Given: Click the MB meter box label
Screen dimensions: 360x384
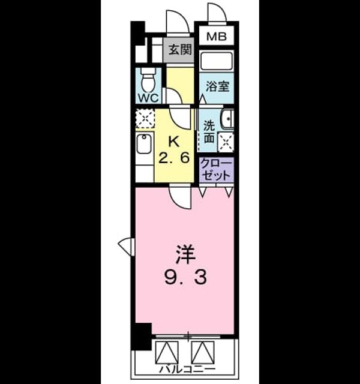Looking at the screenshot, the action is [217, 37].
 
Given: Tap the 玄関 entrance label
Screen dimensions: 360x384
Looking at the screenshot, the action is [180, 50].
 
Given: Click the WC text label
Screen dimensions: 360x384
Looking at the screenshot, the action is [149, 98].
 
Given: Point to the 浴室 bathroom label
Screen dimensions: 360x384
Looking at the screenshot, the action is [217, 86].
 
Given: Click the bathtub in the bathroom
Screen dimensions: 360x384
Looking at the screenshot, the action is [216, 61].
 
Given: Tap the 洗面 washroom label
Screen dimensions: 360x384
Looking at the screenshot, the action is [209, 132].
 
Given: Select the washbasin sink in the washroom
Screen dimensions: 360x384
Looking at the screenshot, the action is [227, 119].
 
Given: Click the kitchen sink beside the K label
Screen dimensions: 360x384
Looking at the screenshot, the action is [144, 144].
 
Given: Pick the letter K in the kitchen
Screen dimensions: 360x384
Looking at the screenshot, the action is [175, 142].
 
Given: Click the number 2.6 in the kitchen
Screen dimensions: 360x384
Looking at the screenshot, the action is [174, 158].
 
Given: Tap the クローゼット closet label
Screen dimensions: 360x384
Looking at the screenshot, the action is [216, 169].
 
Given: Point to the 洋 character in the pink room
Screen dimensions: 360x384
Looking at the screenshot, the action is [185, 255].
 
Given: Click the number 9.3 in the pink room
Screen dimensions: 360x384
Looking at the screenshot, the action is [185, 278].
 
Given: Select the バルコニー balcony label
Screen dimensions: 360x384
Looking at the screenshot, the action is [187, 369].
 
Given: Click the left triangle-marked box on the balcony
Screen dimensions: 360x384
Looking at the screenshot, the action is [167, 352].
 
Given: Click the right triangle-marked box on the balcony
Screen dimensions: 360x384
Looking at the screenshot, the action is [203, 352].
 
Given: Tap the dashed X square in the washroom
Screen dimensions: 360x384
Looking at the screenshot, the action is [226, 142].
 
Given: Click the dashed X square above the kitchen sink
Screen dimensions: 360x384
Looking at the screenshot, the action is [145, 119].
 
